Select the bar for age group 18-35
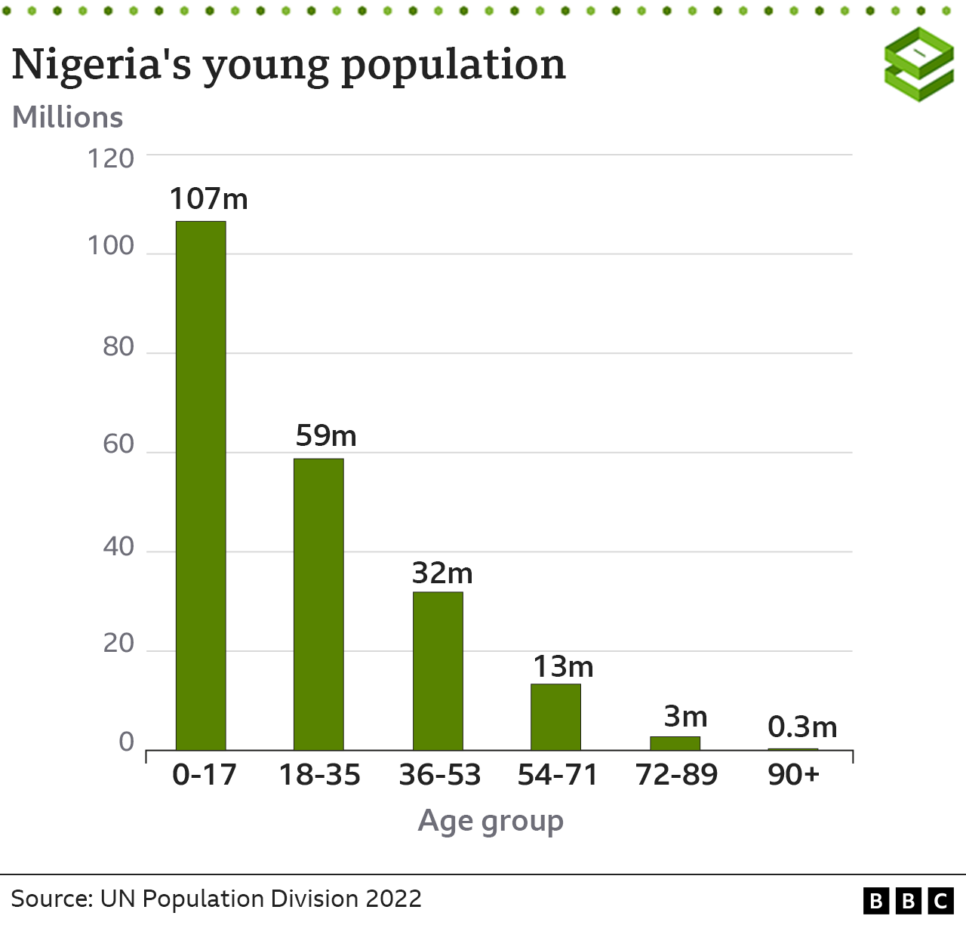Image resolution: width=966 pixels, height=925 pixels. click(x=318, y=604)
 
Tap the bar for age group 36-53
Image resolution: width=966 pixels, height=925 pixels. click(x=438, y=671)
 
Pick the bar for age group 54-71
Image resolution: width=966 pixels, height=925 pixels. click(x=555, y=717)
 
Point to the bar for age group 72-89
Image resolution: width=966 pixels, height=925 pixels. click(x=675, y=743)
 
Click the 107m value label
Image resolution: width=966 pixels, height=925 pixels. click(x=208, y=199)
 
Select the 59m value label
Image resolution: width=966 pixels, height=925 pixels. click(x=326, y=436)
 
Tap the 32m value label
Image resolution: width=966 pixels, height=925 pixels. click(x=442, y=573)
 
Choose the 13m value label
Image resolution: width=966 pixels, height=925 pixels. click(x=563, y=667)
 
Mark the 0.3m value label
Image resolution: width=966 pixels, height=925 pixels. click(x=802, y=727)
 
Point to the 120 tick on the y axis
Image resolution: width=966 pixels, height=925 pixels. click(x=111, y=158)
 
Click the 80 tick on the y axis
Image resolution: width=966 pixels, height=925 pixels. click(x=118, y=347)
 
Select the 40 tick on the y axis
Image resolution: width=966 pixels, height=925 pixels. click(x=118, y=546)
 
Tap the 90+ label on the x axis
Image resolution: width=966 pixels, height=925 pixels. click(x=794, y=775)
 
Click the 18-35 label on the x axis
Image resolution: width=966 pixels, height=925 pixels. click(x=320, y=775)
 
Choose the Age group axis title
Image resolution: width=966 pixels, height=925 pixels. click(x=491, y=821)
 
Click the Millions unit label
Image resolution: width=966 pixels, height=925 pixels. click(x=68, y=118)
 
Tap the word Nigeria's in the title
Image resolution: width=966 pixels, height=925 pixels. click(x=101, y=64)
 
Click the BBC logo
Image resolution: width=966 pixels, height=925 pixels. click(x=909, y=900)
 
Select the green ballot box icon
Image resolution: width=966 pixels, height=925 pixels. click(x=919, y=64)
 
